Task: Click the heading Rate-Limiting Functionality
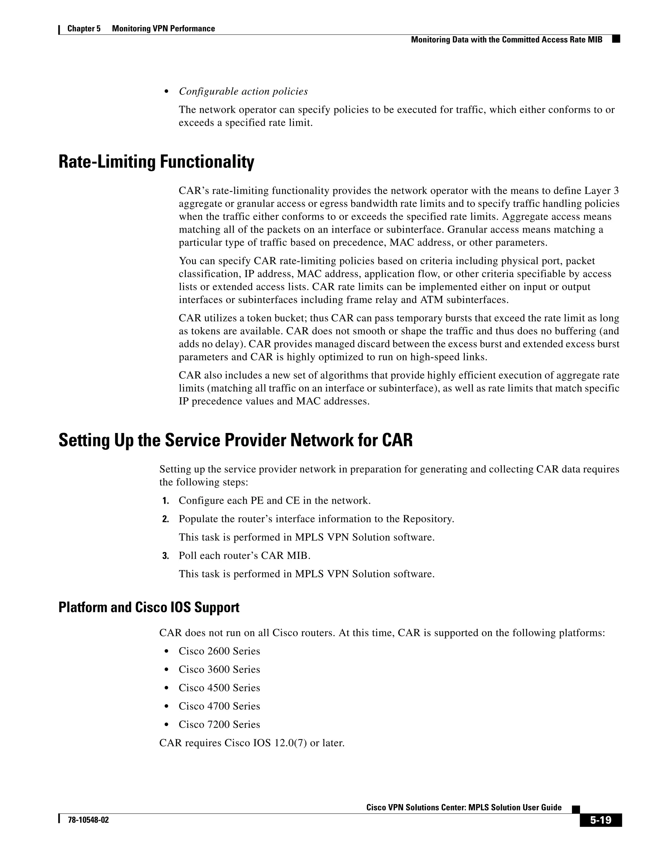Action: (x=156, y=162)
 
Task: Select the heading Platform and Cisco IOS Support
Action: (x=149, y=607)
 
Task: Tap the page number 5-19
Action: (x=600, y=820)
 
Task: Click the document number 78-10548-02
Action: (x=88, y=820)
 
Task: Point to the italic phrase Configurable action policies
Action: (x=243, y=91)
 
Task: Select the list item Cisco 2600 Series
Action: (x=219, y=651)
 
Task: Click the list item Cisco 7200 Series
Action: (x=219, y=724)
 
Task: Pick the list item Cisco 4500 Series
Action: (x=219, y=688)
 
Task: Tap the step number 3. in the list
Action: (x=165, y=556)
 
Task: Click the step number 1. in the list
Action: (x=165, y=501)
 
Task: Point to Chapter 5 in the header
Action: (x=84, y=29)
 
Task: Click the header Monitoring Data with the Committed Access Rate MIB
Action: (x=506, y=40)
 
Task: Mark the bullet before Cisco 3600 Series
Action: (x=167, y=670)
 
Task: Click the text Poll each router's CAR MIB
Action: (x=244, y=556)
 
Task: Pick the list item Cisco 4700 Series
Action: (x=219, y=706)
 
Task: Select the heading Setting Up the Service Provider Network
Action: (x=235, y=440)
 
